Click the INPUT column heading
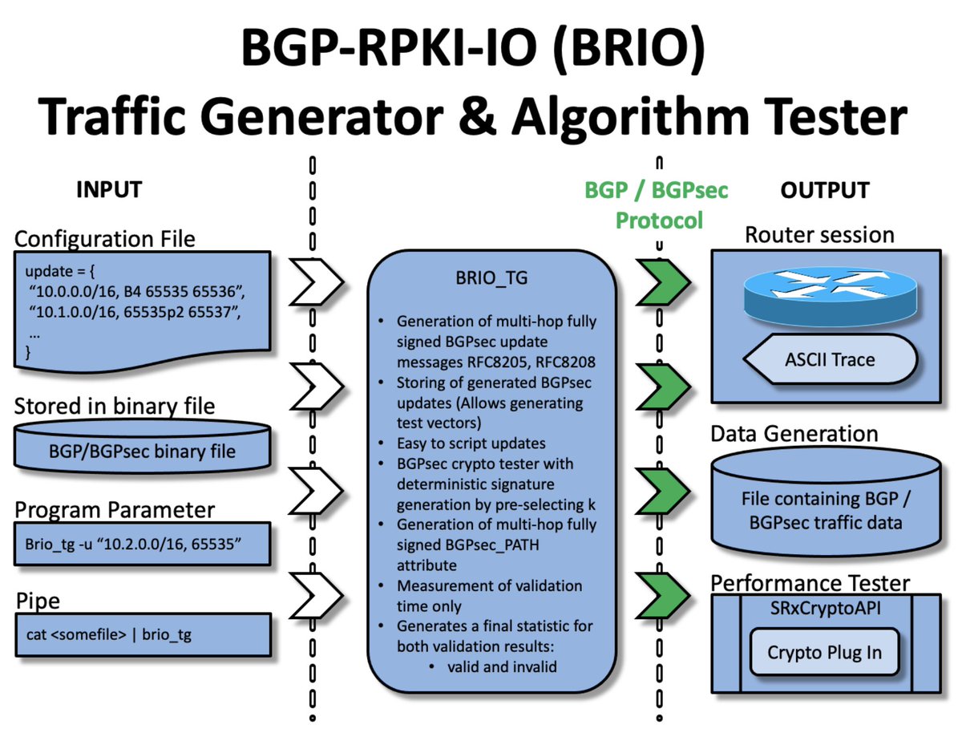tap(108, 189)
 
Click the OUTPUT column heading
tap(824, 190)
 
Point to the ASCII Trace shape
tap(831, 359)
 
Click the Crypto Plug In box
tap(824, 653)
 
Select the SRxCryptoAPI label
tap(825, 608)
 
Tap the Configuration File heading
tap(104, 238)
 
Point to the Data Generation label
tap(794, 434)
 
